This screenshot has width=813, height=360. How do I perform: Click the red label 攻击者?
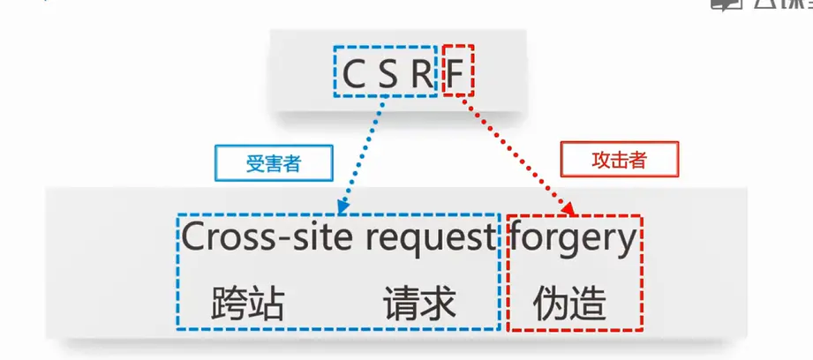(619, 161)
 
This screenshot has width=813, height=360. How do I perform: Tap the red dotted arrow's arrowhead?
(571, 210)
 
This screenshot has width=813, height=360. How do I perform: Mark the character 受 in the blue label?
(254, 164)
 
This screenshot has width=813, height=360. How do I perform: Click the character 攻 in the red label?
(600, 161)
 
